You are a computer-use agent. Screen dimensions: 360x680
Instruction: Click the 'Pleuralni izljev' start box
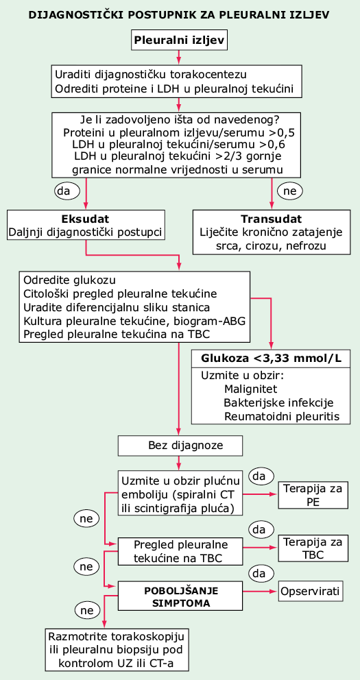179,40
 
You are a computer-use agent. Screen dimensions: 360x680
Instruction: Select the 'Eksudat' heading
86,218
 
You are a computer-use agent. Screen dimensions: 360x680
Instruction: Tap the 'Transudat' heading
272,218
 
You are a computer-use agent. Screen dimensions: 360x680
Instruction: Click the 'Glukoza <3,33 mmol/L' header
272,359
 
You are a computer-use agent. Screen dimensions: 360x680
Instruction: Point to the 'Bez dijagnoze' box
178,446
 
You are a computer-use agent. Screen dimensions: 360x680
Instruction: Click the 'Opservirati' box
310,592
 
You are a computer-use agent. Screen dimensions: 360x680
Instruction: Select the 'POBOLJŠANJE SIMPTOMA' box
180,597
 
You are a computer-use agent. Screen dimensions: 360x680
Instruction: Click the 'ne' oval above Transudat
290,191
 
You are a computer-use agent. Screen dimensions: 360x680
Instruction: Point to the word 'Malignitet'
251,389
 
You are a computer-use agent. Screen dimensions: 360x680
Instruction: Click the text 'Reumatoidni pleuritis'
281,416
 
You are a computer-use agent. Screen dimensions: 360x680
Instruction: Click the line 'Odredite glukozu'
70,279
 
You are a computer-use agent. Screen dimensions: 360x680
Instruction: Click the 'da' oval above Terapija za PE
261,476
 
